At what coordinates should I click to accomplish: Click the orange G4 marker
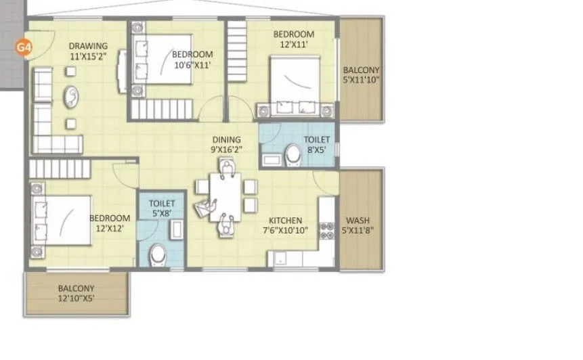point(24,48)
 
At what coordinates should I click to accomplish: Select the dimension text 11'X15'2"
point(88,58)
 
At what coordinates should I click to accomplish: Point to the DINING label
point(226,140)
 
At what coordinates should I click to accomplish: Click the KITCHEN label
point(285,221)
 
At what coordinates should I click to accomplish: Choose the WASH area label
point(361,221)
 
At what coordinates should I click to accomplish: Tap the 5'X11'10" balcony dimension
point(361,80)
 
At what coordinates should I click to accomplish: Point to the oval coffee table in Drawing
point(70,97)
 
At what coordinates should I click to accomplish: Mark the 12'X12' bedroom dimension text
point(110,230)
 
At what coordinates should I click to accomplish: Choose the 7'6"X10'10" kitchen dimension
point(285,231)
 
